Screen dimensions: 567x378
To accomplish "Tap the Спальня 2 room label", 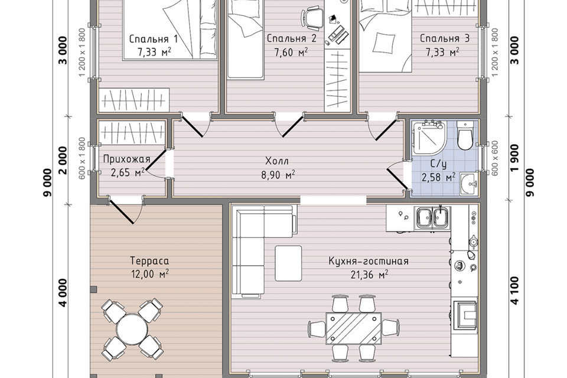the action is tap(291, 38).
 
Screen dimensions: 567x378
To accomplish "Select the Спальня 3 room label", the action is tap(444, 38).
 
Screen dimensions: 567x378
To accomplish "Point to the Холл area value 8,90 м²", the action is tap(278, 175).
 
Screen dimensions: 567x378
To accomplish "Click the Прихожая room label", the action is tap(126, 159).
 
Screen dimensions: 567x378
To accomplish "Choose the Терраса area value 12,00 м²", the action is tap(150, 274).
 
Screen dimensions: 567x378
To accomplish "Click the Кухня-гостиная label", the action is tap(369, 261).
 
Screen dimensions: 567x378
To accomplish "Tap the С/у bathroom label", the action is tap(438, 164).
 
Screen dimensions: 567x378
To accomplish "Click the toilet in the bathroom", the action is tap(464, 135).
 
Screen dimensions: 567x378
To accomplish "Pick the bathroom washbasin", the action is tap(468, 184).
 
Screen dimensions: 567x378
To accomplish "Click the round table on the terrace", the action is tap(132, 329).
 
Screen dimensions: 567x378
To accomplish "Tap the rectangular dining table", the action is tap(354, 328).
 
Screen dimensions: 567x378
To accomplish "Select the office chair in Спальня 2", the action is tap(312, 17).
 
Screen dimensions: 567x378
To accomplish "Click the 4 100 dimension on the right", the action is tap(514, 291).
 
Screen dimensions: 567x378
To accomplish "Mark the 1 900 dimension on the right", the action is tap(514, 158).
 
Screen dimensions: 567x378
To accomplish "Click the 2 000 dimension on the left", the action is tap(63, 160).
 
